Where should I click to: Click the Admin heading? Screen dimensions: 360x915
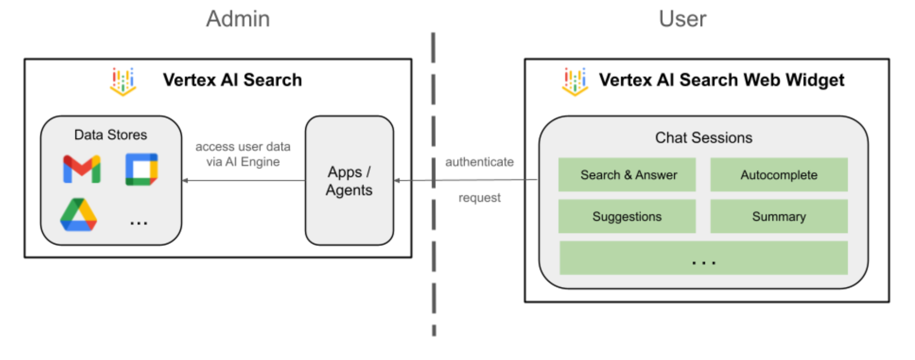click(238, 19)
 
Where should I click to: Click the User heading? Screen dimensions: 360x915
click(682, 19)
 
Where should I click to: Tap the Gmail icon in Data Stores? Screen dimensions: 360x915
click(82, 169)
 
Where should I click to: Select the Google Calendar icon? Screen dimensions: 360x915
click(142, 169)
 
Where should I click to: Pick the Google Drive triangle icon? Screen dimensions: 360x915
click(79, 215)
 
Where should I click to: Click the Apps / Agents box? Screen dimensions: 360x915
click(349, 181)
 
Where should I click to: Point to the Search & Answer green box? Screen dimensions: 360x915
click(627, 175)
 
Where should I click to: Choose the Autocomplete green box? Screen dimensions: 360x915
click(779, 175)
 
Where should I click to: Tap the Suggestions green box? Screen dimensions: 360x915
click(627, 217)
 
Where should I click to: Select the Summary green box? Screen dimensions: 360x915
click(779, 217)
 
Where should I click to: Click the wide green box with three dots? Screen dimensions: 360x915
click(703, 258)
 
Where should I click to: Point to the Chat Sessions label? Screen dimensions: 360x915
click(704, 138)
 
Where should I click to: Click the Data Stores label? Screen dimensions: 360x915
click(110, 134)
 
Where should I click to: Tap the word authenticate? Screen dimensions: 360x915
click(479, 162)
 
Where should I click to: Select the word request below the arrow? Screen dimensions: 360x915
click(479, 197)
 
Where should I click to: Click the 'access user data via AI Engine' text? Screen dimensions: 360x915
click(243, 154)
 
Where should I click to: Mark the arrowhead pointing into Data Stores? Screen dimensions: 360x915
click(185, 180)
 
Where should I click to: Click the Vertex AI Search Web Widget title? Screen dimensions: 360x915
click(721, 80)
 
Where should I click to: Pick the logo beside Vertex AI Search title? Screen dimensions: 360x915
click(123, 81)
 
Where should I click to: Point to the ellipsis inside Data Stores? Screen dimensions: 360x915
click(139, 222)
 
